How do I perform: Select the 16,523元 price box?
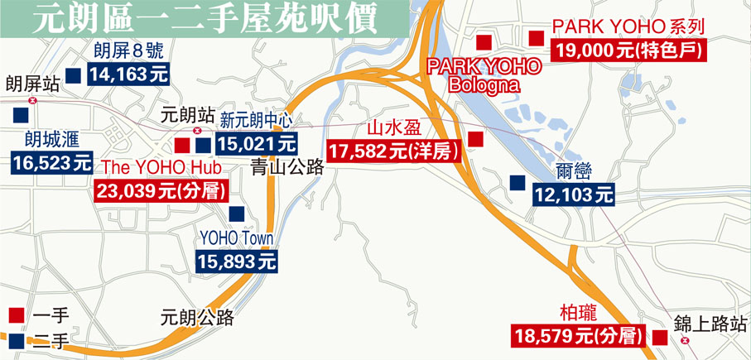52,161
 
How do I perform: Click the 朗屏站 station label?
31,84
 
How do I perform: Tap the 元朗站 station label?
186,114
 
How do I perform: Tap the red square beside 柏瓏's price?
660,336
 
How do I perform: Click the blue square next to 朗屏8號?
73,75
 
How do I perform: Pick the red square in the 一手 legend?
15,315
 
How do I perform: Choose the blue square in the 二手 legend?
15,339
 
